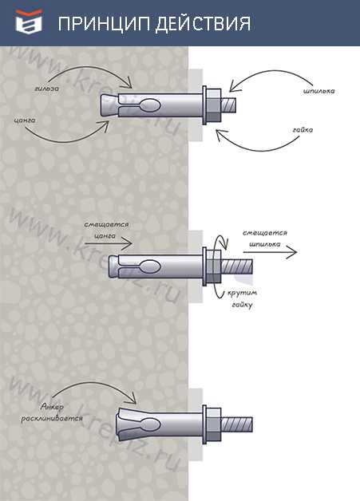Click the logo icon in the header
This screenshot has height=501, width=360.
pos(29,22)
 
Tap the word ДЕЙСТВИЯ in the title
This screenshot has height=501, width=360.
pos(203,24)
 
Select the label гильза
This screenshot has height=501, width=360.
pos(47,89)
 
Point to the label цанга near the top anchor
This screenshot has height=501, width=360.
pos(25,120)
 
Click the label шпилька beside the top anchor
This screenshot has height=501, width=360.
pos(318,91)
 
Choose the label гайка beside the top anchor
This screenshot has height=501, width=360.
pos(303,130)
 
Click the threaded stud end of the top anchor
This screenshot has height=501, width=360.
pos(229,105)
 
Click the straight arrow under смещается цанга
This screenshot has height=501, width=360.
pos(109,244)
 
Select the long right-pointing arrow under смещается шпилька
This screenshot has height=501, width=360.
pos(270,252)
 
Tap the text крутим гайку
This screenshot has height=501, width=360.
pos(243,298)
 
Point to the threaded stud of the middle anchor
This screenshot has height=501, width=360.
pos(237,266)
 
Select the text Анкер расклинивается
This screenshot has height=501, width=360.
pos(52,412)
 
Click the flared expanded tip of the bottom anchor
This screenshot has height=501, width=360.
pos(123,424)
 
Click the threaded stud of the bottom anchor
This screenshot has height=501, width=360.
pos(237,424)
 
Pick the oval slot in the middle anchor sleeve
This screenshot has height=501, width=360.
pos(149,266)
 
